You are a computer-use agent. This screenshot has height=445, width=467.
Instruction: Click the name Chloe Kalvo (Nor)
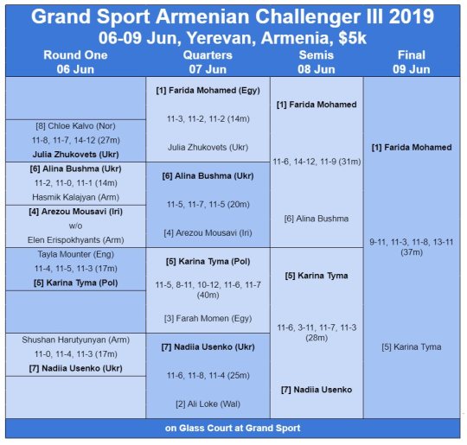click(75, 126)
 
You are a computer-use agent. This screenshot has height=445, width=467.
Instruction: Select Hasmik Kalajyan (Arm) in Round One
click(75, 197)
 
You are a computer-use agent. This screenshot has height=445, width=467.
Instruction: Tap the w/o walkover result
click(75, 226)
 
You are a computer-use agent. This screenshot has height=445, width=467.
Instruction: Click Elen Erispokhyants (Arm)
click(75, 240)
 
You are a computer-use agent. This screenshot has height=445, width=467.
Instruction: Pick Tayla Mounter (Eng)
click(75, 254)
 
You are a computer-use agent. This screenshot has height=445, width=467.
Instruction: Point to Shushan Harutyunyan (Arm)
click(75, 340)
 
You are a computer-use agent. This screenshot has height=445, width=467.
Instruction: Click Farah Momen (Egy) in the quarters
click(208, 319)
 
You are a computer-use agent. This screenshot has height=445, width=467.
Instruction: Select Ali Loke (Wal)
click(208, 404)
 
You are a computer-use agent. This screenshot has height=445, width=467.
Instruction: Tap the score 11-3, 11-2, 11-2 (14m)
click(208, 119)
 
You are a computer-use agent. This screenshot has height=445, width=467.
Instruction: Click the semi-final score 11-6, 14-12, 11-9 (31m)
click(317, 162)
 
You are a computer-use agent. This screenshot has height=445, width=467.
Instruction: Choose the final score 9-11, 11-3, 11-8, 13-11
click(412, 242)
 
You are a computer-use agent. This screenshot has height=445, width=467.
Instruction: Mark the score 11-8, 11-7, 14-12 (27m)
click(75, 140)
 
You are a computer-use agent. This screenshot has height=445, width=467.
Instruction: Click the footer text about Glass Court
click(233, 428)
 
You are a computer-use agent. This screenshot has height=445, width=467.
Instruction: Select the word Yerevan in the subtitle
click(221, 38)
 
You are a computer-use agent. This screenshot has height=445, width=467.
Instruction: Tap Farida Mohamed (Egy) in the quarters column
click(208, 91)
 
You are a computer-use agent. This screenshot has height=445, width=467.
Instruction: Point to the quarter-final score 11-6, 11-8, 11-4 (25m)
click(208, 376)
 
